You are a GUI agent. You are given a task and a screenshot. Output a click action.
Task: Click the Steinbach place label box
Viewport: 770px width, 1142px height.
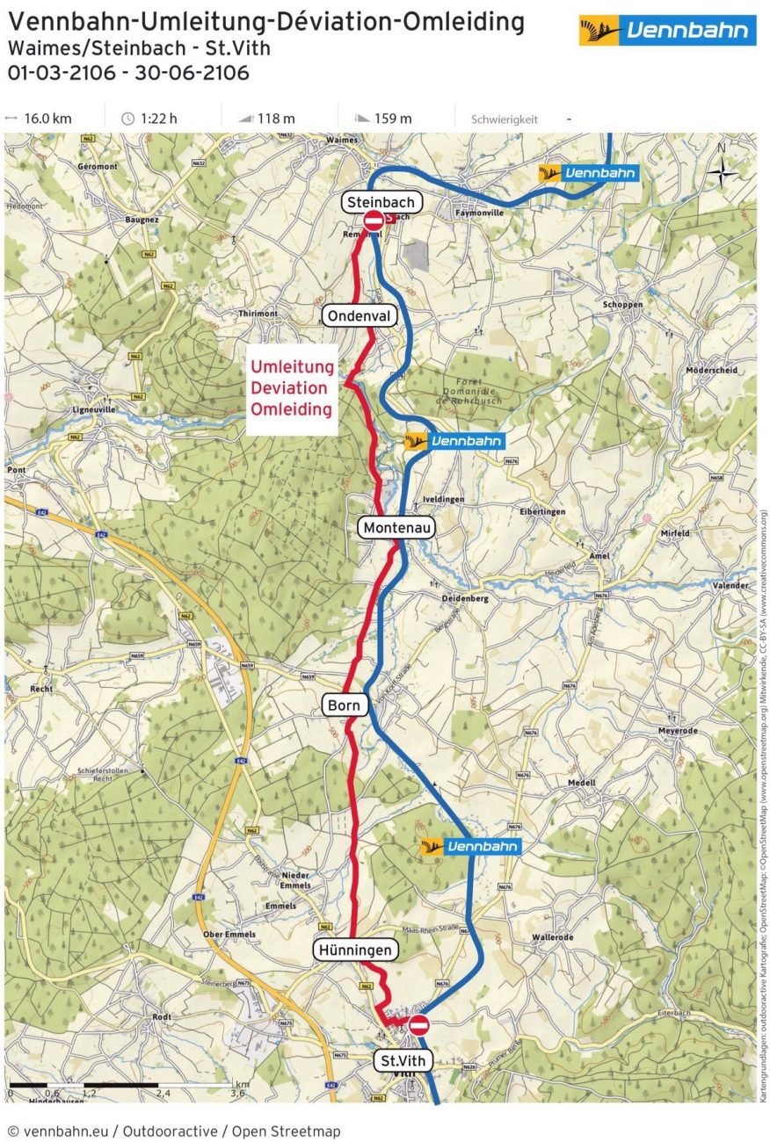click(x=381, y=202)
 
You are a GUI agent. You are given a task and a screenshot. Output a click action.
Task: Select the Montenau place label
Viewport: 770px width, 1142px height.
click(x=396, y=527)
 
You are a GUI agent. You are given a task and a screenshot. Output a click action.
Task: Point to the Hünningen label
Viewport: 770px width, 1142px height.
click(x=355, y=950)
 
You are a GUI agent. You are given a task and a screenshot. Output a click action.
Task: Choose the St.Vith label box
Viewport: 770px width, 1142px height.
click(x=403, y=1060)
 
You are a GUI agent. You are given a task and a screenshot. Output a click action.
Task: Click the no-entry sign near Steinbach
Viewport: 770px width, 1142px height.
click(x=374, y=220)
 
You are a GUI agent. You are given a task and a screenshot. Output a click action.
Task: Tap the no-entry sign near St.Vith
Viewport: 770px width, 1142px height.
click(x=419, y=1024)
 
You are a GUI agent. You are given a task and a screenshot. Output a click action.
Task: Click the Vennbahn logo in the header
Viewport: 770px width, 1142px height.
click(x=667, y=32)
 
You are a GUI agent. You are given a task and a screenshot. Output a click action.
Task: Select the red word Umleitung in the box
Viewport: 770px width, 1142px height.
click(x=293, y=367)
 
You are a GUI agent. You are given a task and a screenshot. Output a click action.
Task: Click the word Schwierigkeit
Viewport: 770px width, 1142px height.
click(x=504, y=119)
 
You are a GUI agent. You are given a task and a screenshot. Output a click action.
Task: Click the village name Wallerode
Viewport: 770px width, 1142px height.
click(x=552, y=937)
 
